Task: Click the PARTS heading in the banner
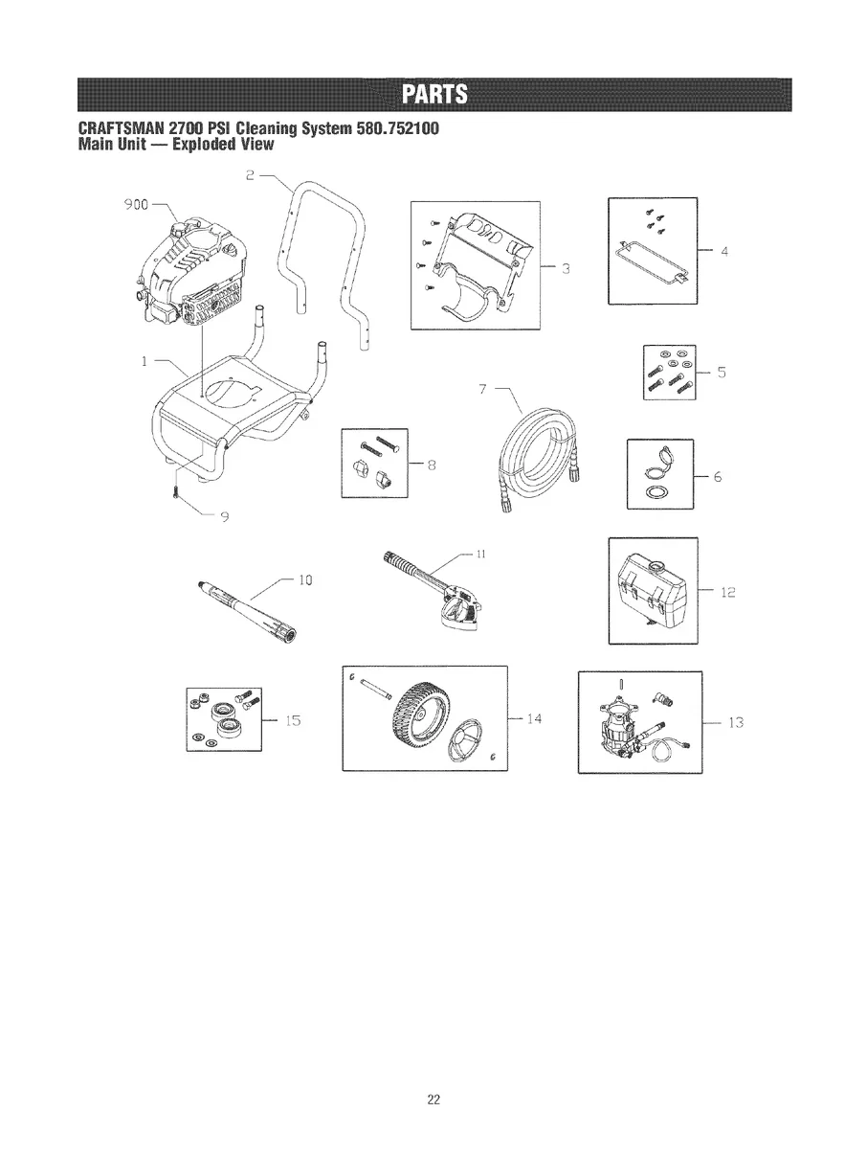pyautogui.click(x=433, y=96)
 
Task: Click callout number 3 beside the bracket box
pyautogui.click(x=566, y=267)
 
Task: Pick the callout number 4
pyautogui.click(x=724, y=253)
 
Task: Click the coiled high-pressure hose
pyautogui.click(x=535, y=445)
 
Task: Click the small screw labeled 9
pyautogui.click(x=176, y=492)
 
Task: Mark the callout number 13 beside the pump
pyautogui.click(x=736, y=722)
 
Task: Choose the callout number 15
pyautogui.click(x=294, y=721)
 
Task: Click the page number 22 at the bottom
pyautogui.click(x=433, y=1099)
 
